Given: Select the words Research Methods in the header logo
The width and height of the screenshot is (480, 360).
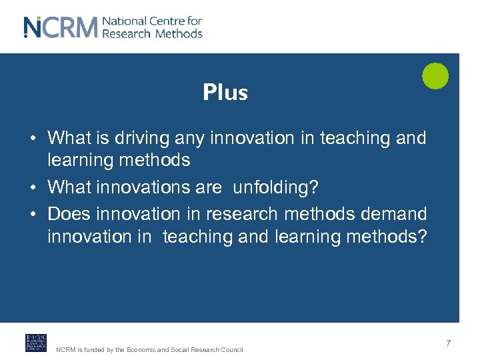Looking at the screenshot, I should pyautogui.click(x=152, y=33).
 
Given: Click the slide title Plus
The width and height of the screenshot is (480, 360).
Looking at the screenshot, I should pyautogui.click(x=225, y=93).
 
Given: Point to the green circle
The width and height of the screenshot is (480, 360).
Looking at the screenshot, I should pyautogui.click(x=435, y=76).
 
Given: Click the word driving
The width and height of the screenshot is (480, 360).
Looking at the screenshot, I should pyautogui.click(x=142, y=139).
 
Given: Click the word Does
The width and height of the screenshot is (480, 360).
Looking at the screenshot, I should pyautogui.click(x=69, y=214).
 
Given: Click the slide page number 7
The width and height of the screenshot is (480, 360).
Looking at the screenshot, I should pyautogui.click(x=449, y=343).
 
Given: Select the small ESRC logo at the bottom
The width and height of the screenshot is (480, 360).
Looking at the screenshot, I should pyautogui.click(x=36, y=343).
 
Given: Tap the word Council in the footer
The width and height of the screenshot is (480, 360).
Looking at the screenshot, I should pyautogui.click(x=231, y=350).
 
